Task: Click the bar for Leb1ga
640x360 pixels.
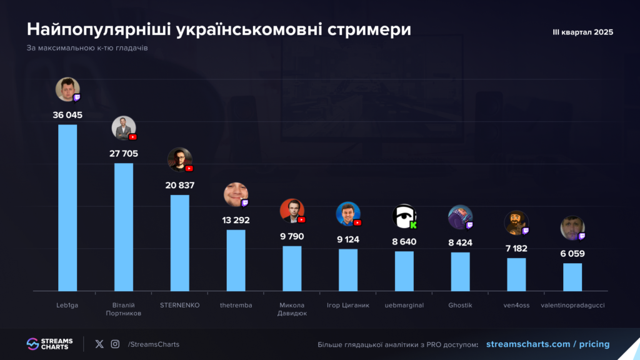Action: coord(67,207)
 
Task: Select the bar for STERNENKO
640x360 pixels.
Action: coord(180,242)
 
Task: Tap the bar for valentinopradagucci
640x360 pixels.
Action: coord(572,277)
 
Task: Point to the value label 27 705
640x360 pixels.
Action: coord(124,153)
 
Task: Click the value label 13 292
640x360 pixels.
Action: coord(236,219)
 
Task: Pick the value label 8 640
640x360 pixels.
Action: coord(404,241)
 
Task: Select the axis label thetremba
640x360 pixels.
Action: coord(236,305)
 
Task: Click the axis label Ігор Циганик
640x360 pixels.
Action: coord(348,305)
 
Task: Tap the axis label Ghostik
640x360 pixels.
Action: coord(460,305)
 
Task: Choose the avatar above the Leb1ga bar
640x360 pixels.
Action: coord(67,89)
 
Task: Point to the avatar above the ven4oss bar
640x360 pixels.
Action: coord(516,223)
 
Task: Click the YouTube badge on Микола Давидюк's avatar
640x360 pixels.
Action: coord(302,219)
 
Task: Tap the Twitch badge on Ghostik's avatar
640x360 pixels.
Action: coord(469,225)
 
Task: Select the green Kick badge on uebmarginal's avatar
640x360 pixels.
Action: coord(413,225)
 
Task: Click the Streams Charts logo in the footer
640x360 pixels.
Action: coord(49,344)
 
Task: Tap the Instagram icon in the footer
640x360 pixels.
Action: coord(115,344)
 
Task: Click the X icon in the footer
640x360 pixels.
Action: coord(99,344)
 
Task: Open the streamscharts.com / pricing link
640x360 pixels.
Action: coord(547,344)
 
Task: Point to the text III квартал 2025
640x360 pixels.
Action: coord(582,32)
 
